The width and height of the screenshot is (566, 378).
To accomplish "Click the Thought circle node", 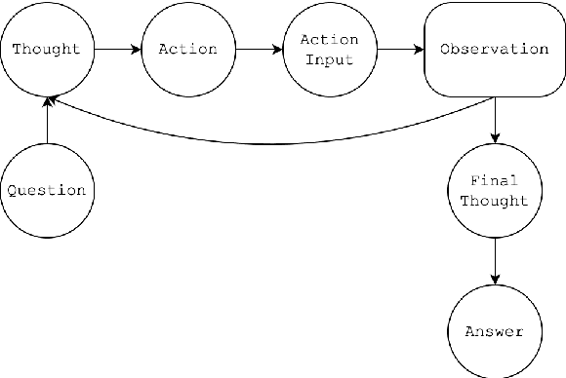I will point(46,49).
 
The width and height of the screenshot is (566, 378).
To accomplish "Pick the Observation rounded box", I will point(494,49).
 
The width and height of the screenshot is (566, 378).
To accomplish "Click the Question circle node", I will point(46,190).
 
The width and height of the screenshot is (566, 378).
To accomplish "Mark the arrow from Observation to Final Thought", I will point(497,121).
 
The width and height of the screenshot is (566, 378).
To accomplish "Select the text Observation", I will point(494,49).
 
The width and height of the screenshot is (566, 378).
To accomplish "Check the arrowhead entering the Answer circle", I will point(497,283).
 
